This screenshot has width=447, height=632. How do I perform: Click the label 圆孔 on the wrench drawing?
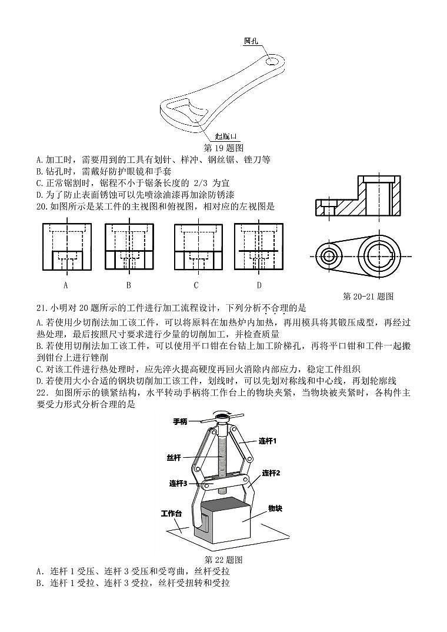click(x=252, y=41)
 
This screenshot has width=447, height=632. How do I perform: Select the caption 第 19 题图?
click(x=223, y=147)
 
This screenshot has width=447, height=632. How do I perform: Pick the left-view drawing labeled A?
click(x=66, y=247)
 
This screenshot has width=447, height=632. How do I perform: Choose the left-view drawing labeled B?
click(x=128, y=247)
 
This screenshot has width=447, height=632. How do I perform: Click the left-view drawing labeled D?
click(x=258, y=247)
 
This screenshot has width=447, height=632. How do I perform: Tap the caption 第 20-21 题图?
click(x=368, y=296)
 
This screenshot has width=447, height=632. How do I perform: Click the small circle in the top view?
click(x=329, y=256)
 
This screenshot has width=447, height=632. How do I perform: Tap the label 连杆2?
click(x=271, y=473)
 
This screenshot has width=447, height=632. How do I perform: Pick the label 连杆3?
click(x=178, y=483)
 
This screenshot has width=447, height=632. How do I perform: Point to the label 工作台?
click(x=171, y=514)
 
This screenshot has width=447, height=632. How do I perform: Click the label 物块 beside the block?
click(x=275, y=508)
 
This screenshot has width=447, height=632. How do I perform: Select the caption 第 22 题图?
click(x=223, y=560)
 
